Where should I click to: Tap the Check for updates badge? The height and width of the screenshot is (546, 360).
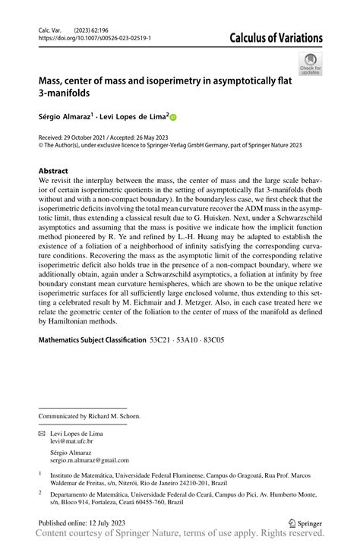tap(310, 64)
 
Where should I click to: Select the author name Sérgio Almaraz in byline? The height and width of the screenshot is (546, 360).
tap(64, 117)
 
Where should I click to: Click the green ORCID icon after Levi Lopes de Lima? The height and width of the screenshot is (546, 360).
tap(172, 118)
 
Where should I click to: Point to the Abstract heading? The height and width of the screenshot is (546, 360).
tap(53, 172)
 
